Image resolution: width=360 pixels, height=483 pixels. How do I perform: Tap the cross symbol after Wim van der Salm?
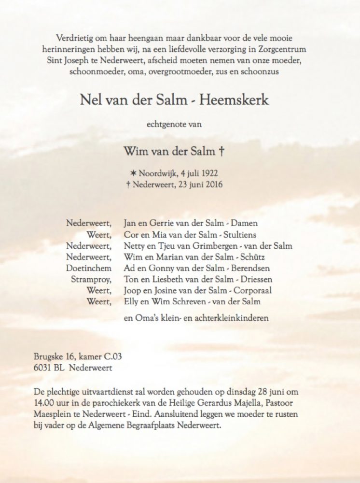(222, 152)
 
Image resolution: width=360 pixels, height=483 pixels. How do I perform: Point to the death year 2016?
(215, 184)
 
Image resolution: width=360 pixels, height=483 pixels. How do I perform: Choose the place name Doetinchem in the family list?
(89, 268)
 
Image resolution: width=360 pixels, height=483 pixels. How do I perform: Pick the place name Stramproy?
(92, 279)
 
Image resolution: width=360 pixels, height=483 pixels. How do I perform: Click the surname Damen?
(247, 223)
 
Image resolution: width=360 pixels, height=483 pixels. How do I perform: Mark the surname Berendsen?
(252, 268)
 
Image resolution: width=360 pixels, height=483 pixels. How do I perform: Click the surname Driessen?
(256, 279)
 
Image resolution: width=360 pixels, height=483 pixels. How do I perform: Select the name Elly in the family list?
(131, 302)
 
